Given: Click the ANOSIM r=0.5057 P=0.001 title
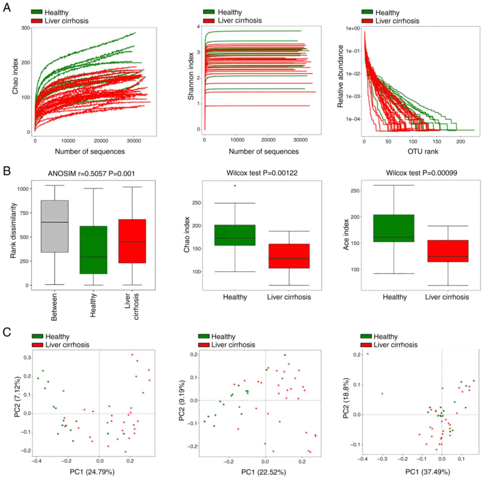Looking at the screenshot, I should [91, 174].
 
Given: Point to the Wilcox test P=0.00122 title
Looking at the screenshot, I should [262, 173].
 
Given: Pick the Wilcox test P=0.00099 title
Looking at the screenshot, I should [421, 173].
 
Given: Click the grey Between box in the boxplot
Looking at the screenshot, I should [55, 226].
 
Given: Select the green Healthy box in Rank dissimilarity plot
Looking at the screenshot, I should [93, 250].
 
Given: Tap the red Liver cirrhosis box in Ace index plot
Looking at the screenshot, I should [448, 251].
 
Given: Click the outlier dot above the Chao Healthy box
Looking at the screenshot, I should [235, 185].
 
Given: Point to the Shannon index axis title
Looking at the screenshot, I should [191, 76].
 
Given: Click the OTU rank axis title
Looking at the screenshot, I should [423, 151].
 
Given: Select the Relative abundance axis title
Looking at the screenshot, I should [340, 76].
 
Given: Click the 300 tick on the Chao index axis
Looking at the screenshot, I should [25, 28].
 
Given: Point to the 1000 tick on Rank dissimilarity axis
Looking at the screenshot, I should [23, 189].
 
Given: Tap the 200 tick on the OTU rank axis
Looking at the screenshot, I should [460, 141].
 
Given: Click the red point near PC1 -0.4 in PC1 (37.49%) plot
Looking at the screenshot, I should [368, 354].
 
